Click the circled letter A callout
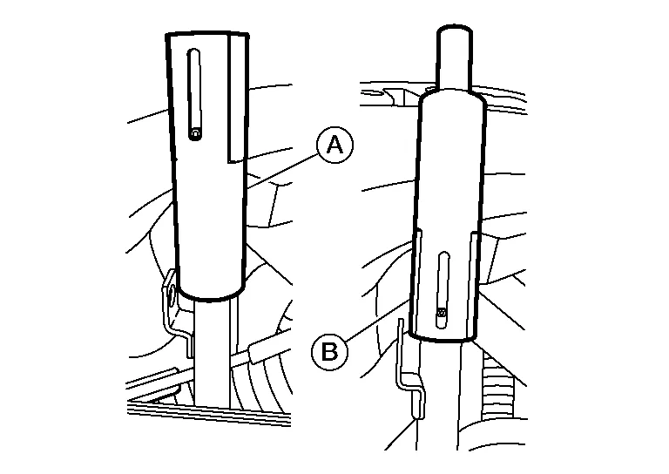click(x=334, y=145)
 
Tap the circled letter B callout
click(x=329, y=352)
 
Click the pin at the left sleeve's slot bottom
click(x=195, y=134)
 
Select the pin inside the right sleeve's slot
click(x=442, y=315)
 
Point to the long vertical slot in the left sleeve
click(x=194, y=94)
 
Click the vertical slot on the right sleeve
click(x=443, y=290)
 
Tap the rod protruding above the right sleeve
click(x=454, y=58)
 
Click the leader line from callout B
click(x=375, y=320)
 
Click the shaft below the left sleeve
click(x=212, y=353)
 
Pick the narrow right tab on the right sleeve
click(x=474, y=284)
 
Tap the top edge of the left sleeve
click(x=207, y=32)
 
